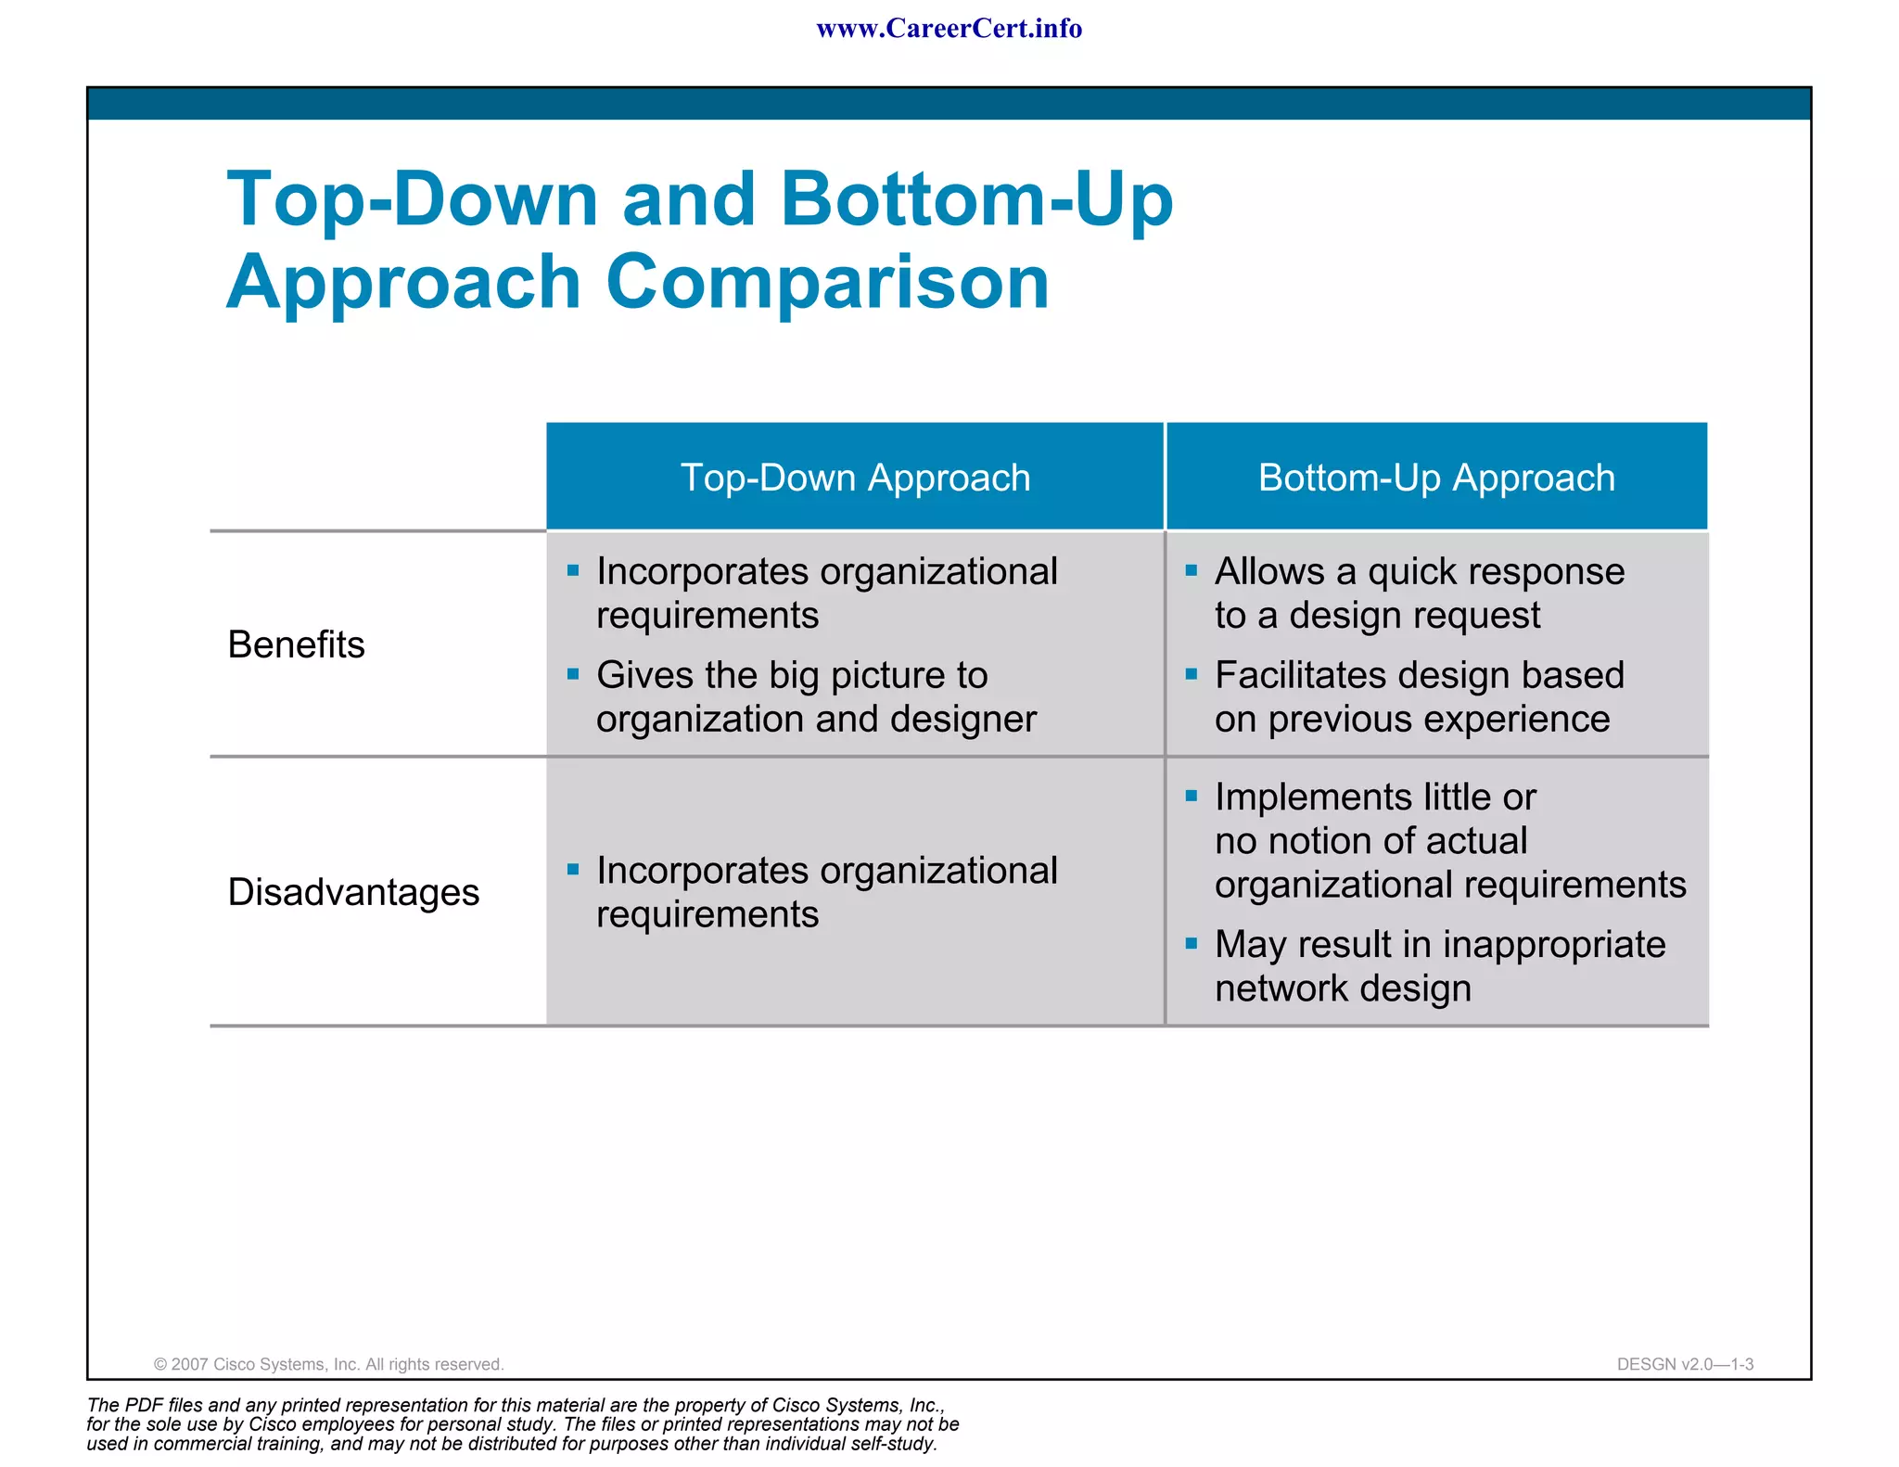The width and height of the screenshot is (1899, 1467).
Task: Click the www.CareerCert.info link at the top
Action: (949, 29)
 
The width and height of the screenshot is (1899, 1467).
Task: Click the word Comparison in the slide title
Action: (827, 282)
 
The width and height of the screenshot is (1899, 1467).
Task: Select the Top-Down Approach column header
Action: (855, 478)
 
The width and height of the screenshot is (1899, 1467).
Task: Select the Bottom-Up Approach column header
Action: (1435, 478)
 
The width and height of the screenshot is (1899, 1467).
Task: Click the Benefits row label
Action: (296, 644)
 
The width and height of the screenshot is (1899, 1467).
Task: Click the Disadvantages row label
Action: (353, 892)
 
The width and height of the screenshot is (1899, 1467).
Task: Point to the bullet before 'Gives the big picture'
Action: (573, 674)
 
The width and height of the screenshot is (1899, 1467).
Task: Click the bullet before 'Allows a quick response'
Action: (1192, 570)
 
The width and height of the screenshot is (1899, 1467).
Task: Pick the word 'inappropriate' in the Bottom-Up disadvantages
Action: (1554, 945)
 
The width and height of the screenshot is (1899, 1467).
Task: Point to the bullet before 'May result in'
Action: (1192, 944)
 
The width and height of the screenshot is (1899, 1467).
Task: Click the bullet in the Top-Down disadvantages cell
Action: (573, 870)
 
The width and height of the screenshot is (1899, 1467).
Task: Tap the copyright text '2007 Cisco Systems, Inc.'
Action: (328, 1364)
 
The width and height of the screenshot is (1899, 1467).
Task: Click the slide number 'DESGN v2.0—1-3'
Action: (1685, 1364)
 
